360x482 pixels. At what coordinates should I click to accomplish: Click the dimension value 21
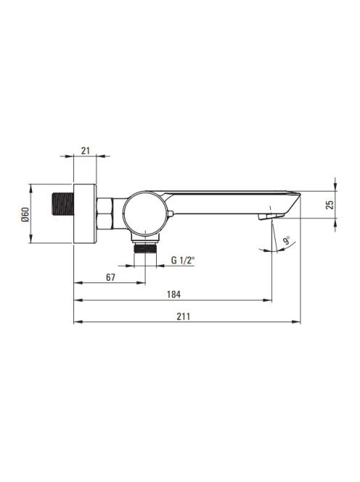86,151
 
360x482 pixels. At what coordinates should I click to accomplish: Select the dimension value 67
110,277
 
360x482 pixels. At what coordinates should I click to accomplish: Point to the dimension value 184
173,295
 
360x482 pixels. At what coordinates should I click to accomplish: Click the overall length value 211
183,316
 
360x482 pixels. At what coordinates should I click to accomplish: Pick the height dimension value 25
330,205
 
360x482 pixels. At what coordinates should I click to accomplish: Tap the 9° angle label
287,240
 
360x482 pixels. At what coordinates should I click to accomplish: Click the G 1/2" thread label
183,261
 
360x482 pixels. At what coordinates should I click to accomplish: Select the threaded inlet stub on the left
62,205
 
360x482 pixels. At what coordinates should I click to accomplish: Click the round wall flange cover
85,213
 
